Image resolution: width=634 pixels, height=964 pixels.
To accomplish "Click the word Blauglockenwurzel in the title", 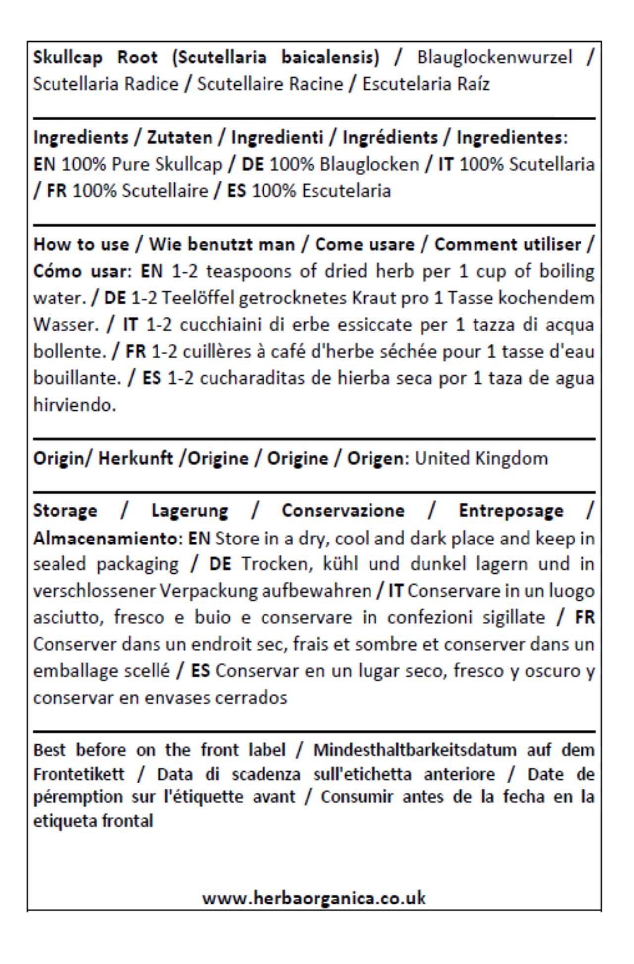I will (x=494, y=58).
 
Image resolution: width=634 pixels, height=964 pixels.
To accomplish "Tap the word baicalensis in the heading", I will (x=330, y=58).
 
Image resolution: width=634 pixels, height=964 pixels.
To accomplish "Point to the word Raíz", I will (x=473, y=84).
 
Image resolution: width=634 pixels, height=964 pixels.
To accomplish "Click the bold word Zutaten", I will (x=179, y=137).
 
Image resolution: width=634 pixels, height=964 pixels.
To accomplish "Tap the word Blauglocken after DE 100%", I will (x=369, y=164).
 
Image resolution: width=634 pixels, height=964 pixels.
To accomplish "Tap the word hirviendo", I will (x=74, y=405).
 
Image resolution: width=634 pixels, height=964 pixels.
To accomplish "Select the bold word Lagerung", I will (x=190, y=511).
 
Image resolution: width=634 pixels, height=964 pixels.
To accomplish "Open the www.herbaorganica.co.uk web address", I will (x=314, y=898).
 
